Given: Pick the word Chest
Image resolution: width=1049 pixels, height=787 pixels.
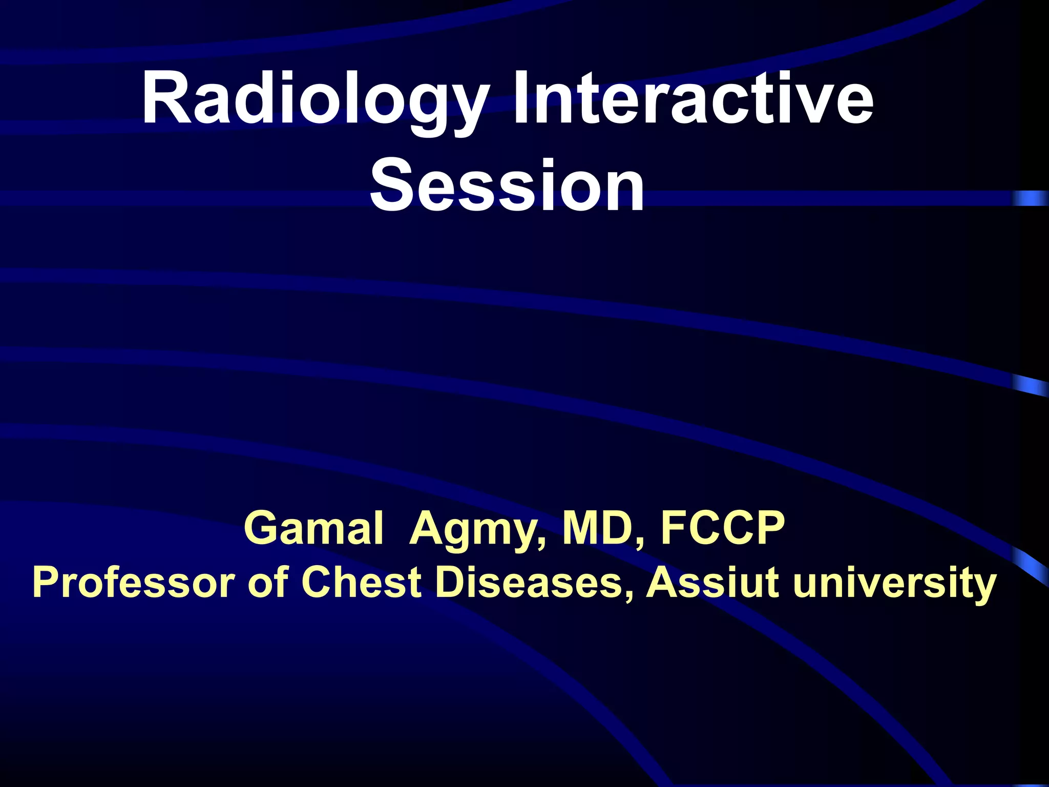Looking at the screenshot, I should coord(361,583).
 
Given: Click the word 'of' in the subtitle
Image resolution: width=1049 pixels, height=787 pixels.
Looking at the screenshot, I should coord(265,583).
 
